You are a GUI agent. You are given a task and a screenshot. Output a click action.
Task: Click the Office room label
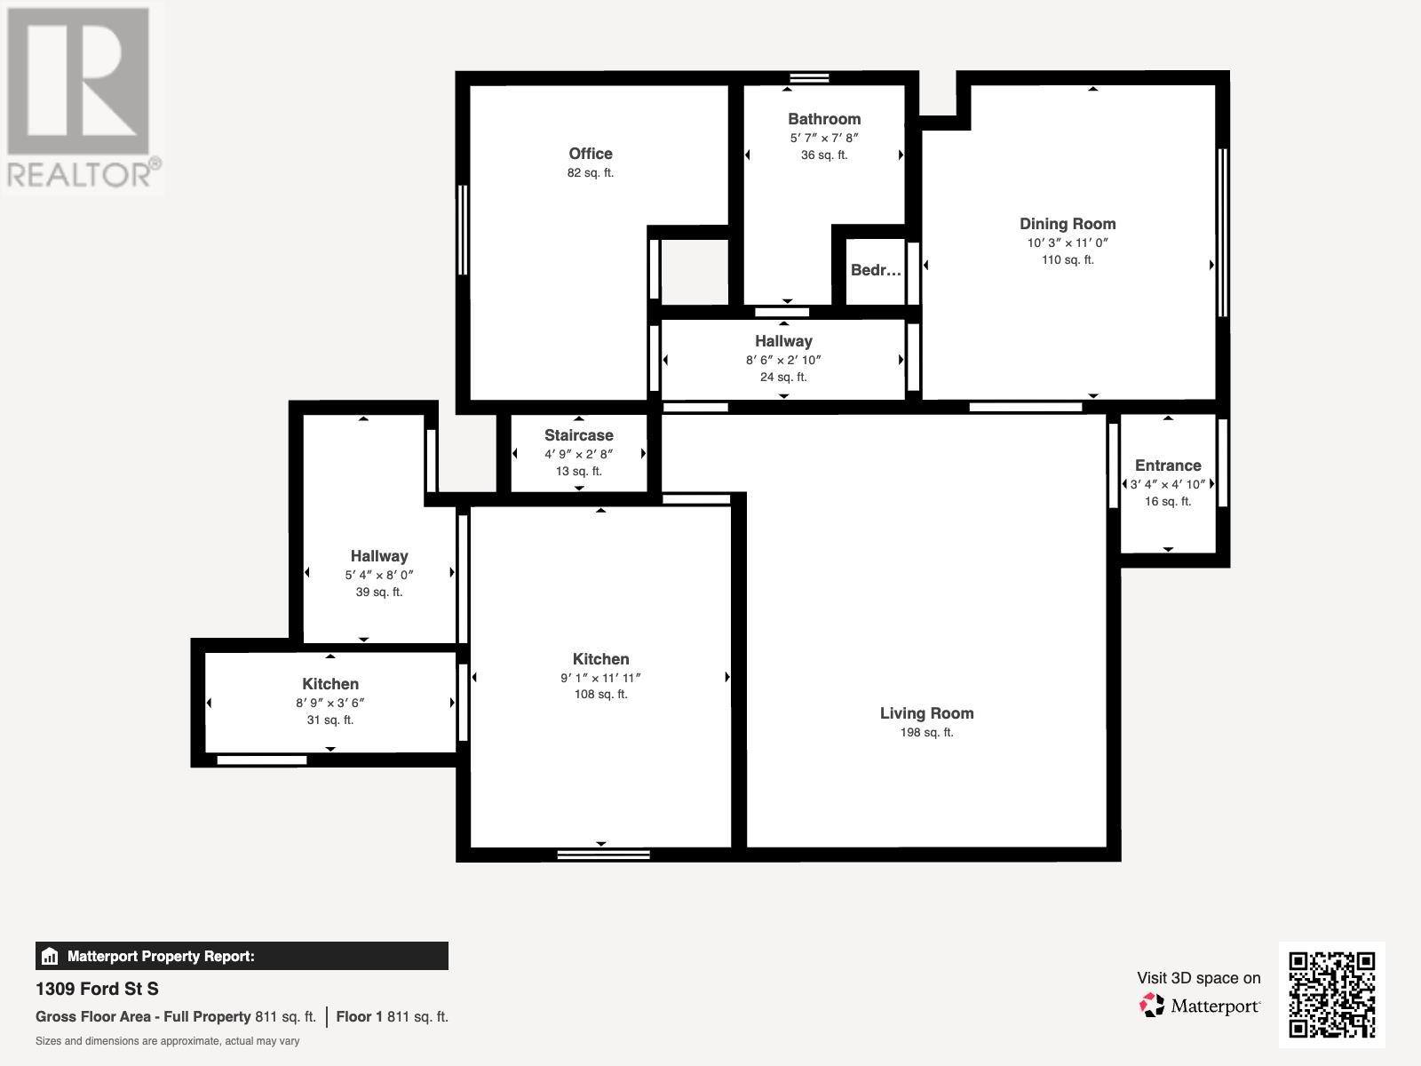point(591,154)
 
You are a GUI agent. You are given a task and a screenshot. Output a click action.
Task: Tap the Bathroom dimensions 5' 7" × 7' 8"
point(824,138)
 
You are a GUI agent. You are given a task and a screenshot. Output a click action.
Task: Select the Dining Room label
point(1068,224)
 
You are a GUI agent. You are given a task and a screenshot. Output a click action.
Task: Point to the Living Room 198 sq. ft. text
point(926,732)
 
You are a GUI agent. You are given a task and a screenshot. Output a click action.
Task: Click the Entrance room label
point(1168,465)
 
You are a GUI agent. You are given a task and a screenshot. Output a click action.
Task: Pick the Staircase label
point(579,435)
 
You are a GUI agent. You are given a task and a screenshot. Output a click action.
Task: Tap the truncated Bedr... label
point(876,270)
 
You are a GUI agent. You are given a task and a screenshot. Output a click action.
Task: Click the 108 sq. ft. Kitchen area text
point(600,694)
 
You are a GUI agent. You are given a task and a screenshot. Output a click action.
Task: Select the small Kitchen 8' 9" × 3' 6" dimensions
point(330,703)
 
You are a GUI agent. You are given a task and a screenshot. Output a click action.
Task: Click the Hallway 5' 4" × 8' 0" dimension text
point(378,575)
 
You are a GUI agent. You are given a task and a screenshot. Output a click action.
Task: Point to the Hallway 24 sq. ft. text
point(783,377)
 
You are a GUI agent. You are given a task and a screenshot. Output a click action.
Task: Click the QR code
point(1331,995)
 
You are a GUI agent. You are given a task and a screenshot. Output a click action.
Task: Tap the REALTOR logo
point(82,97)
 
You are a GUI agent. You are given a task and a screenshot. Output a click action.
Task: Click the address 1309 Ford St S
point(97,989)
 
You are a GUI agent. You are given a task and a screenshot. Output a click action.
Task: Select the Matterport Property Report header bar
point(242,956)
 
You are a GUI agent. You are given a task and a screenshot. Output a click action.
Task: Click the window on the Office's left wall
point(462,230)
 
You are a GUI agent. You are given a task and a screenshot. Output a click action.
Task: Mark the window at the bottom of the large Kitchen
point(603,855)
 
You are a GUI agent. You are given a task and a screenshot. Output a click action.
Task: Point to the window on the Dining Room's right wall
point(1223,233)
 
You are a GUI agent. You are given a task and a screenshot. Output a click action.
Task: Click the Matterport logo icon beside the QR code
point(1151,1006)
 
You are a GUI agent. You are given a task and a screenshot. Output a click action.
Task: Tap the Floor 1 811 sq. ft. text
point(392,1016)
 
